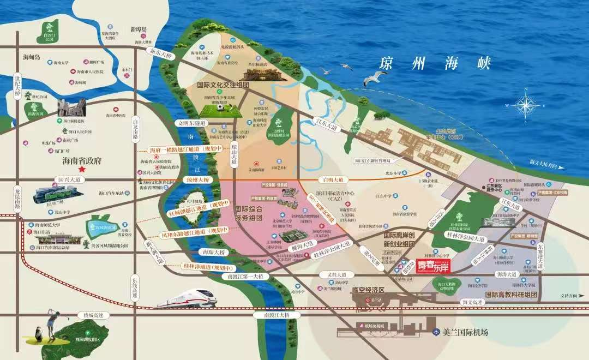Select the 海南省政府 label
[x=91, y=161]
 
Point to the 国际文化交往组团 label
[x=223, y=86]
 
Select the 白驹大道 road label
[x=333, y=179]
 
